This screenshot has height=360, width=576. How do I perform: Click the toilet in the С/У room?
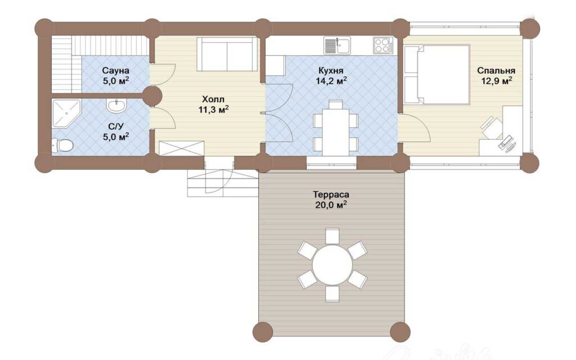62,145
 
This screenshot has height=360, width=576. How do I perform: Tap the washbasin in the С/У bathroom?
116,105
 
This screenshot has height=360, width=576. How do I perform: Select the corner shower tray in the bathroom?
66,114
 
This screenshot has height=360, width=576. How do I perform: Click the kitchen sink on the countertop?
337,45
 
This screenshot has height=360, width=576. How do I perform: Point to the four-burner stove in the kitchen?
382,45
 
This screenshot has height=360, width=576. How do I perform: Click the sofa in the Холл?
227,54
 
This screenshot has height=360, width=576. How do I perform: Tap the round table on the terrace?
332,264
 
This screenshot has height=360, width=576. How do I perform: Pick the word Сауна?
116,70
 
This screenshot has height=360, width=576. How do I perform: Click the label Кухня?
331,70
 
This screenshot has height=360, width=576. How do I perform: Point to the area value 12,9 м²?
497,80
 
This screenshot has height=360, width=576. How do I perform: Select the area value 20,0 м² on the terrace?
331,205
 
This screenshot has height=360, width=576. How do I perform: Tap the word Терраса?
331,194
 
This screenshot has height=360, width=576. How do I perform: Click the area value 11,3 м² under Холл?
213,109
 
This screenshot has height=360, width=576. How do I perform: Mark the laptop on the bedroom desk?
507,143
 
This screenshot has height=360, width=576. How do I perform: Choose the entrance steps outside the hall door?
222,183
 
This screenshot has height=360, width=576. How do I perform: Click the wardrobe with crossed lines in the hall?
182,148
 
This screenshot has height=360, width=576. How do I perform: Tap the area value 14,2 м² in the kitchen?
331,80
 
